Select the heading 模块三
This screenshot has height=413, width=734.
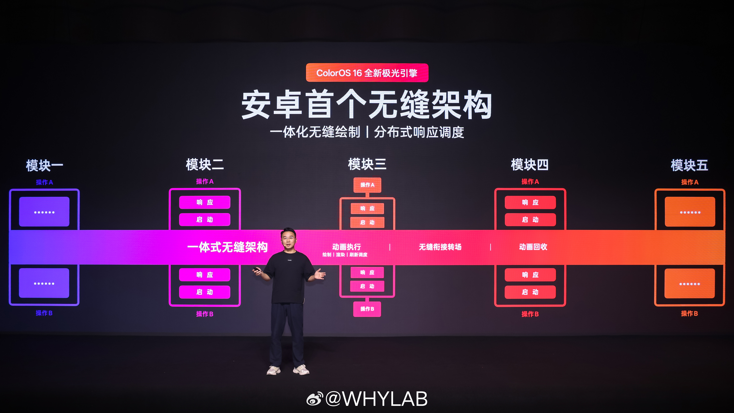(367, 164)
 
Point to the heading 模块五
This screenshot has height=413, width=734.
(689, 165)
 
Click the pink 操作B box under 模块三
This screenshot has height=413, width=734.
(367, 309)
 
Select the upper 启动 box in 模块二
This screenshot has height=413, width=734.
(205, 220)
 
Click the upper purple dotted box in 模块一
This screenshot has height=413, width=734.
(44, 212)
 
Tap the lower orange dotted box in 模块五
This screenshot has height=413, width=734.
(690, 284)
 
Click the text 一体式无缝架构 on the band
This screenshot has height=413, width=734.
(227, 247)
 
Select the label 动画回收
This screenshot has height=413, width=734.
(533, 247)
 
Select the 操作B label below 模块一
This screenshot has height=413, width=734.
(44, 313)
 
